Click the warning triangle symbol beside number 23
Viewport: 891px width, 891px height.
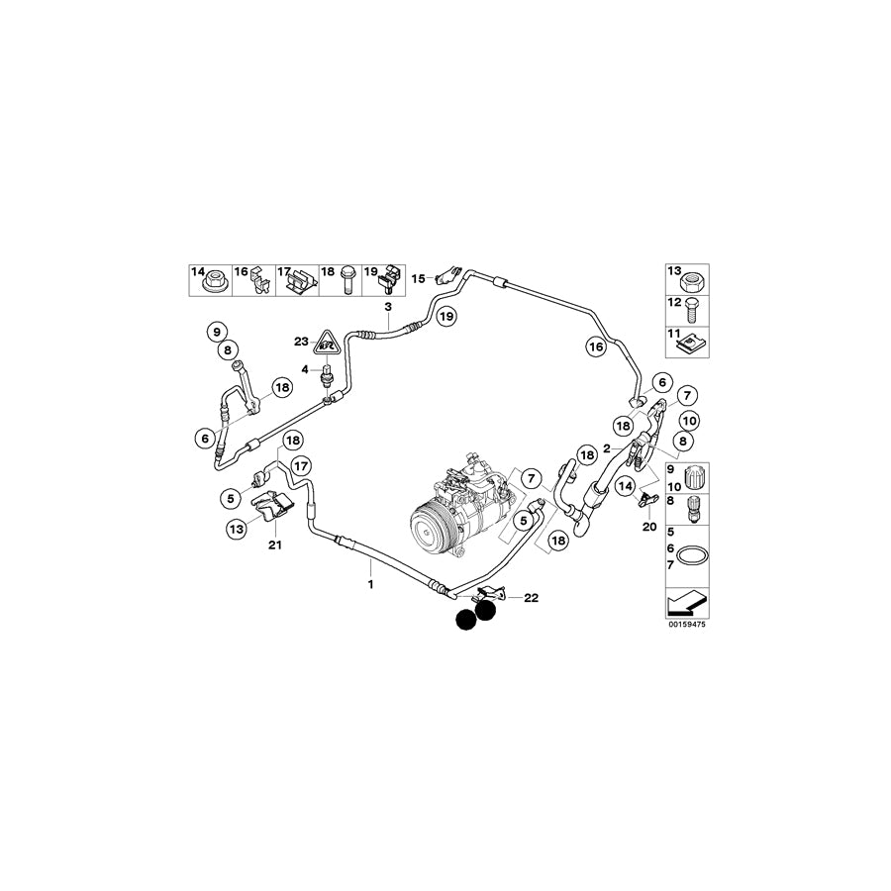(326, 343)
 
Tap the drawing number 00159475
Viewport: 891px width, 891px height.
(687, 625)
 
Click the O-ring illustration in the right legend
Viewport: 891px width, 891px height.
(688, 555)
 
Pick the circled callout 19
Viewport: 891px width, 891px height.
(446, 316)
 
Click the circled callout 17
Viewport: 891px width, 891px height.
(301, 467)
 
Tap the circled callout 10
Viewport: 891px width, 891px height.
(689, 422)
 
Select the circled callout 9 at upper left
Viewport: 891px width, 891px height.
(217, 332)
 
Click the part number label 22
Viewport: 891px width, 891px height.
(531, 598)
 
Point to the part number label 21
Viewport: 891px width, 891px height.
(275, 545)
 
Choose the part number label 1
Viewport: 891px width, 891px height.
(371, 584)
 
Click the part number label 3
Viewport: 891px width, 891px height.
(389, 308)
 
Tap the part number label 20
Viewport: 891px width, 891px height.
(649, 528)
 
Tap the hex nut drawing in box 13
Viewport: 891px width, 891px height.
(691, 279)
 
